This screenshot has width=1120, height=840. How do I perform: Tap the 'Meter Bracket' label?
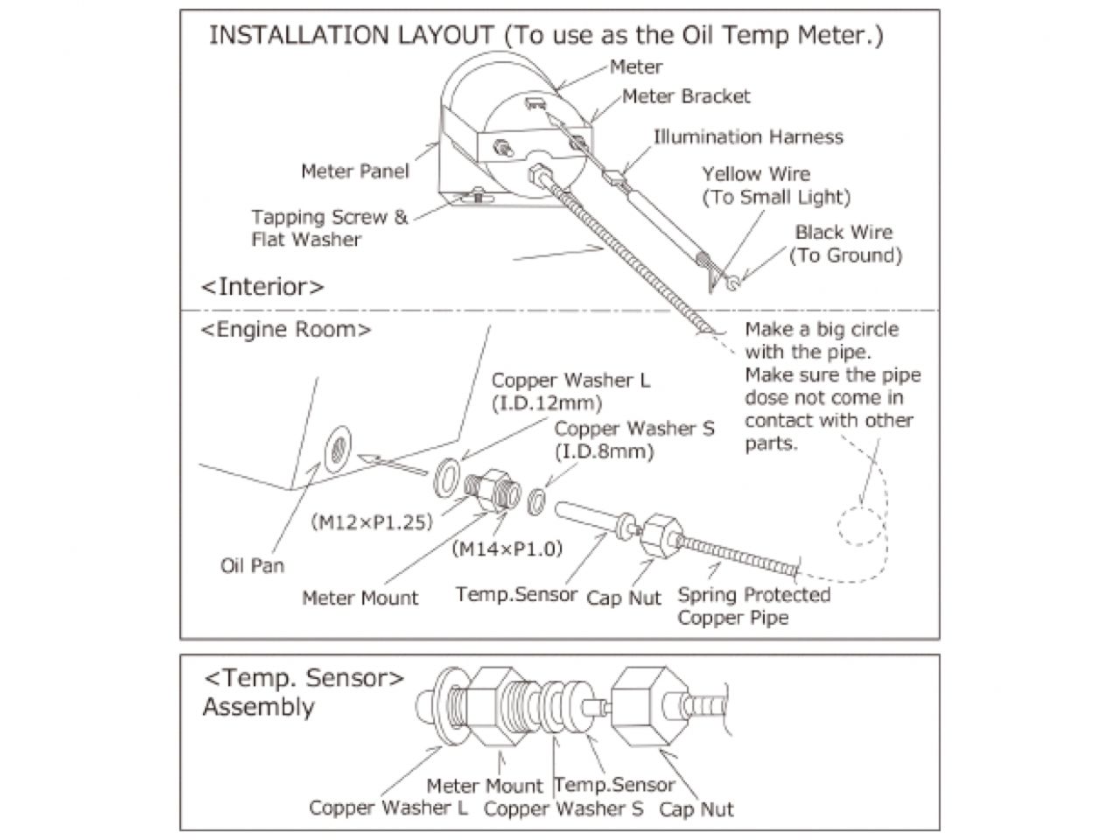click(686, 96)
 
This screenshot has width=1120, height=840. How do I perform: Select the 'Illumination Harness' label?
click(748, 137)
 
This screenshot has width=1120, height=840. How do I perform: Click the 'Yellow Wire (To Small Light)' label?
click(775, 185)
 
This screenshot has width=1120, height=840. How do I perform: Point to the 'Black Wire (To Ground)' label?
click(844, 244)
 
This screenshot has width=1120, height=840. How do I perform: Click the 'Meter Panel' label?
click(354, 171)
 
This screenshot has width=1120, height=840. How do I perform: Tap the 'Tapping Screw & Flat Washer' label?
click(329, 227)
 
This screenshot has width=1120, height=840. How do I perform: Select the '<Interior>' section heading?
click(262, 286)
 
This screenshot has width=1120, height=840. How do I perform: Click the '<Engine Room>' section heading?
click(286, 330)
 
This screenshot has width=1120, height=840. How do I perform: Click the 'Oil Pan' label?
click(252, 565)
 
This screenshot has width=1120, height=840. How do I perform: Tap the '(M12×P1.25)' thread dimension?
click(372, 522)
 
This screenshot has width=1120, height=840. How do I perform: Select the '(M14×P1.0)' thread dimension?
click(507, 549)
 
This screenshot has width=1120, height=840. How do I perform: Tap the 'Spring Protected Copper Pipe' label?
click(753, 606)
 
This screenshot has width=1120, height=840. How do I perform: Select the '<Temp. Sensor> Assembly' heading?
click(303, 692)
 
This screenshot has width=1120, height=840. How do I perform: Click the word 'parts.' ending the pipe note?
click(771, 444)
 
